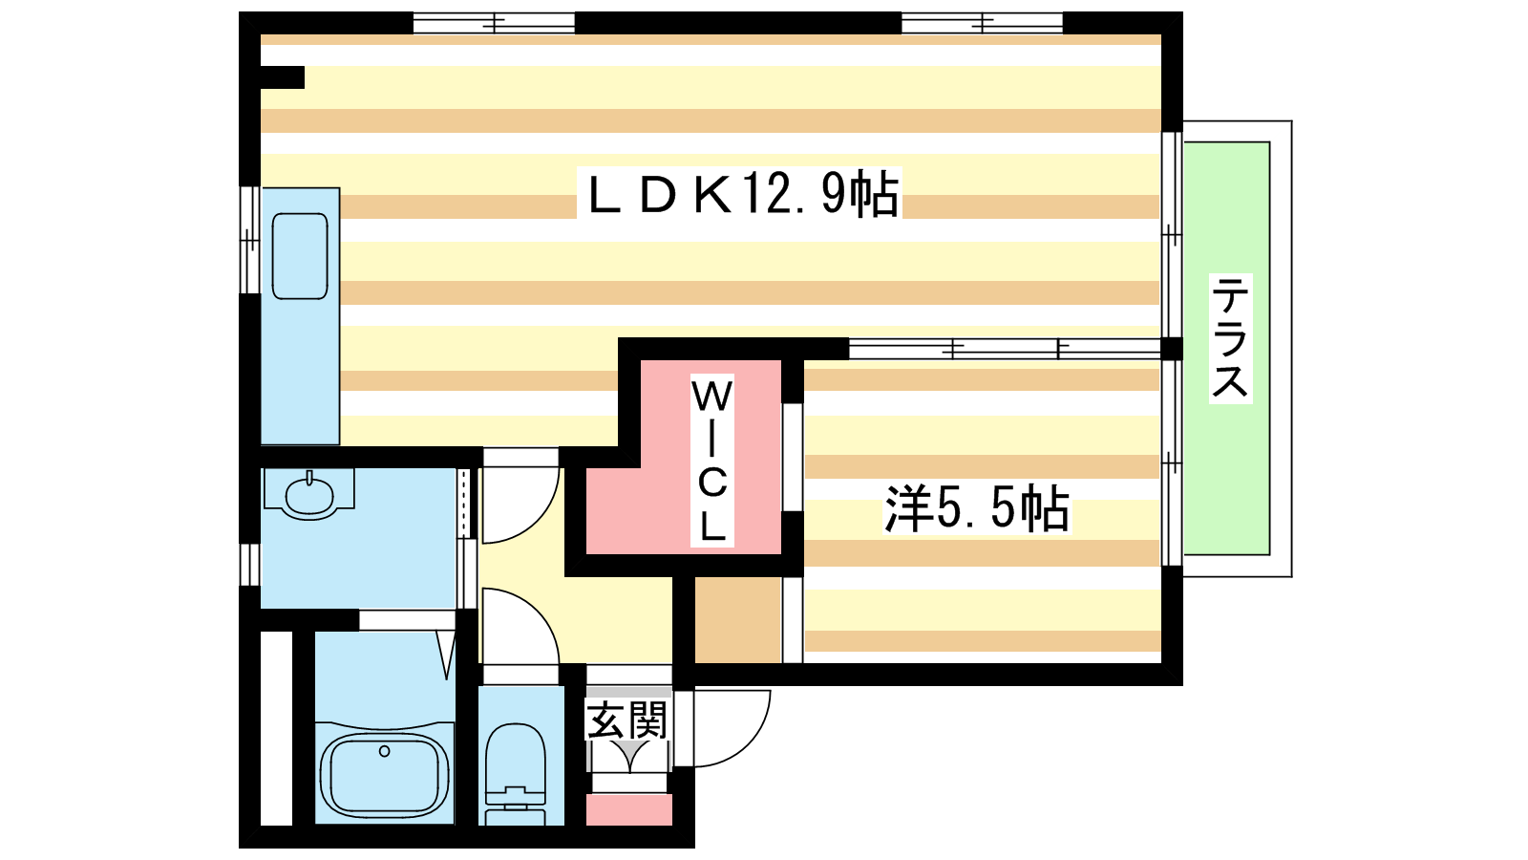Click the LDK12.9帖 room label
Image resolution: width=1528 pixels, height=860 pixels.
point(740,193)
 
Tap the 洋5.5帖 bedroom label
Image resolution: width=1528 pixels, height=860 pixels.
point(976,508)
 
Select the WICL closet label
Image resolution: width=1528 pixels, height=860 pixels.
point(712,461)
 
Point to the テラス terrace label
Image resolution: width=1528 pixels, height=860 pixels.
point(1230,337)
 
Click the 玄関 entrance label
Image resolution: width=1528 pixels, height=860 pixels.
point(626,720)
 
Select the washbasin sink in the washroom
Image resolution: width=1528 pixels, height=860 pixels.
point(309,493)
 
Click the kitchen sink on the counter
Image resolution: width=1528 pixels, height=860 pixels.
point(300,256)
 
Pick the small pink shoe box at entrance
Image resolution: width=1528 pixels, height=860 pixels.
point(629,809)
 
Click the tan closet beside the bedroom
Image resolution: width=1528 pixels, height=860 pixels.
point(738,619)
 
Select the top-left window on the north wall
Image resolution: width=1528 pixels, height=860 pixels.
point(494,23)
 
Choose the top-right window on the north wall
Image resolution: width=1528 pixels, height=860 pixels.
point(983,23)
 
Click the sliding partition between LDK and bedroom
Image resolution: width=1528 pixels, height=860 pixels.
point(1005,350)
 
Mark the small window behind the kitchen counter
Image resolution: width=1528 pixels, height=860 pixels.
point(249,240)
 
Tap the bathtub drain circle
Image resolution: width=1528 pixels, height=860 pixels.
point(384,751)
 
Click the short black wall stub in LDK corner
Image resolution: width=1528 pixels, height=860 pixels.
point(282,77)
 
